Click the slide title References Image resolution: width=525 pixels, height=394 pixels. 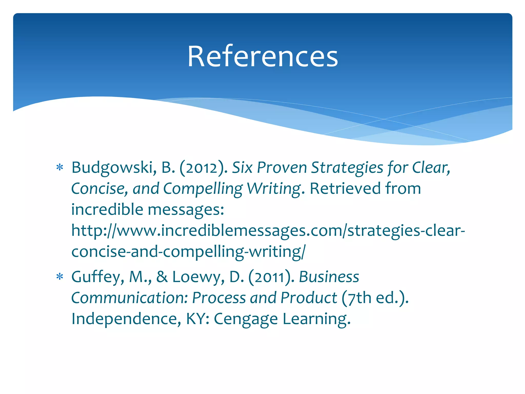coord(262,56)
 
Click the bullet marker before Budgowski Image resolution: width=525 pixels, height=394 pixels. coord(60,168)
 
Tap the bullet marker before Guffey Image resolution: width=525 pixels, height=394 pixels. coord(60,277)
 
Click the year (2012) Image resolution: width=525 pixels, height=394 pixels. coord(203,168)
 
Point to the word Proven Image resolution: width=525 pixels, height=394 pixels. coord(282,168)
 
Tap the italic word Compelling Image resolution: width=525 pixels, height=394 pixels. coord(203,189)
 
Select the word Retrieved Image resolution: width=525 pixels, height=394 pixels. coord(345,189)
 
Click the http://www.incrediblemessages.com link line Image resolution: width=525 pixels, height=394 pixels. coord(268,231)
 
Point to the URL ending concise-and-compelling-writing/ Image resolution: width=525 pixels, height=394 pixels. coord(188,252)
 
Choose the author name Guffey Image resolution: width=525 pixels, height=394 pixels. coord(98,277)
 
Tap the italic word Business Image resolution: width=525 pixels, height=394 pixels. coord(329,277)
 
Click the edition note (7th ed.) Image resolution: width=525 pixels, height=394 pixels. coord(375,298)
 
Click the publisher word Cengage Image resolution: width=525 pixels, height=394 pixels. coord(246,319)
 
